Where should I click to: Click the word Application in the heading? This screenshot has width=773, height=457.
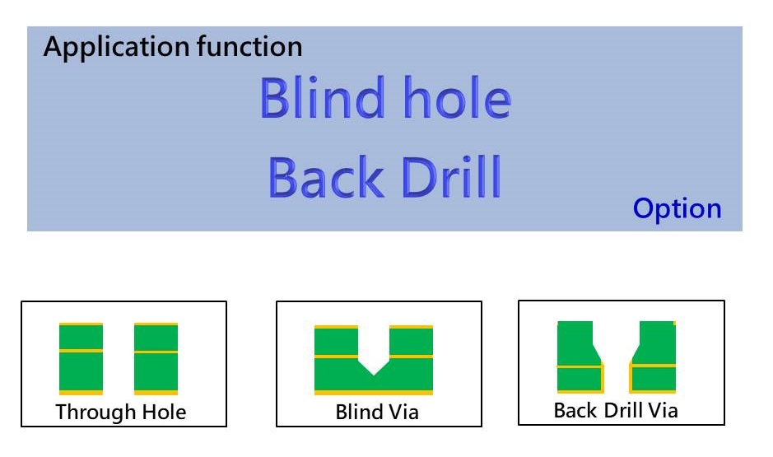point(116,48)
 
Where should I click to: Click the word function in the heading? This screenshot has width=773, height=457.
point(249,46)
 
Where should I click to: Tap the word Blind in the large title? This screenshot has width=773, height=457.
point(322,97)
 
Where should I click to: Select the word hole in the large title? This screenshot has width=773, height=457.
point(458,97)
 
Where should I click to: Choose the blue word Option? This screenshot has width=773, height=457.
point(677,209)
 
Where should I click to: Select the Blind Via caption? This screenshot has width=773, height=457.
point(377,413)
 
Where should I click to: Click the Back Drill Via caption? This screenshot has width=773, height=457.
point(616,410)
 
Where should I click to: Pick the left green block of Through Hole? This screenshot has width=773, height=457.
point(81,359)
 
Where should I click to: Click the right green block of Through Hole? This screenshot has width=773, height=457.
point(156,359)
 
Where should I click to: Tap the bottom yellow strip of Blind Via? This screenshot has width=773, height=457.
point(374,393)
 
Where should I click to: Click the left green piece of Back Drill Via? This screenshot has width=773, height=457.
point(580,357)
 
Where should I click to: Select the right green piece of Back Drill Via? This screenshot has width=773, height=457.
point(653,357)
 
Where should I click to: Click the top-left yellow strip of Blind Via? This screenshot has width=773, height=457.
point(336,327)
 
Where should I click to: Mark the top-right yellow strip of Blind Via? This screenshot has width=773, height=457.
point(411,327)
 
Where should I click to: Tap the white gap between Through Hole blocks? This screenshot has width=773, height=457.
point(119,359)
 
